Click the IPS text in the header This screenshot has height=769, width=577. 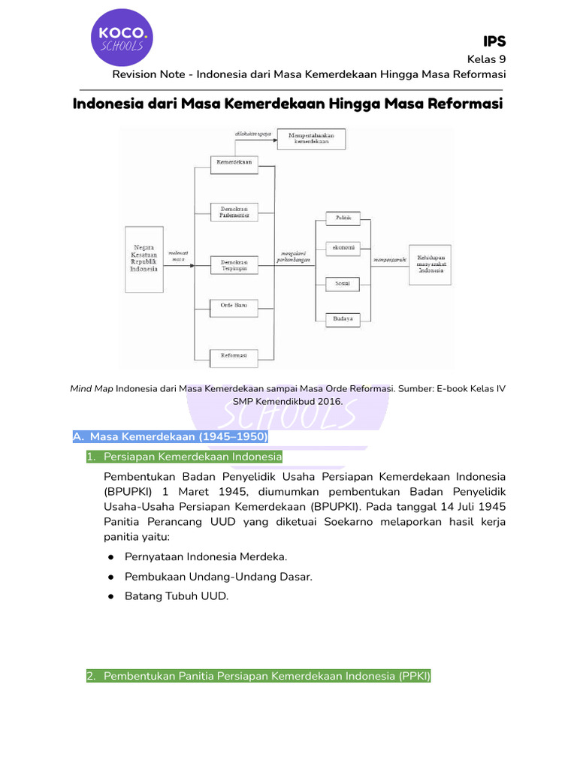494,41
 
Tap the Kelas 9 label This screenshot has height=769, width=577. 486,59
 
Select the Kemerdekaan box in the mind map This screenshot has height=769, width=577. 234,162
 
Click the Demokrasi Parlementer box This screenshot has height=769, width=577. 234,211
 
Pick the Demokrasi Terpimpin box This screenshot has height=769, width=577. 234,264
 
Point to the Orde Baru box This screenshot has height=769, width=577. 234,306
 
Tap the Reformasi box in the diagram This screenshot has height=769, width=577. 234,354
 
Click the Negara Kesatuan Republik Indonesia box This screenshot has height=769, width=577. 143,258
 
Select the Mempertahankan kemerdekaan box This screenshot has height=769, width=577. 311,139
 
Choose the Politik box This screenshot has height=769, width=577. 343,218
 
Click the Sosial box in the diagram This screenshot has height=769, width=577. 343,284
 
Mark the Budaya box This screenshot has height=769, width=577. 343,319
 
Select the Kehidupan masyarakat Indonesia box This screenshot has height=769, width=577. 430,264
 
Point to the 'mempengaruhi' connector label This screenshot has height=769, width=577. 389,260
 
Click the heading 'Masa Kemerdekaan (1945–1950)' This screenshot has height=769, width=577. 170,436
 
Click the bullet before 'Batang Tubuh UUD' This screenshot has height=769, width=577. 110,596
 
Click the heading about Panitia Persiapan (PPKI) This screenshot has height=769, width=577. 258,676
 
